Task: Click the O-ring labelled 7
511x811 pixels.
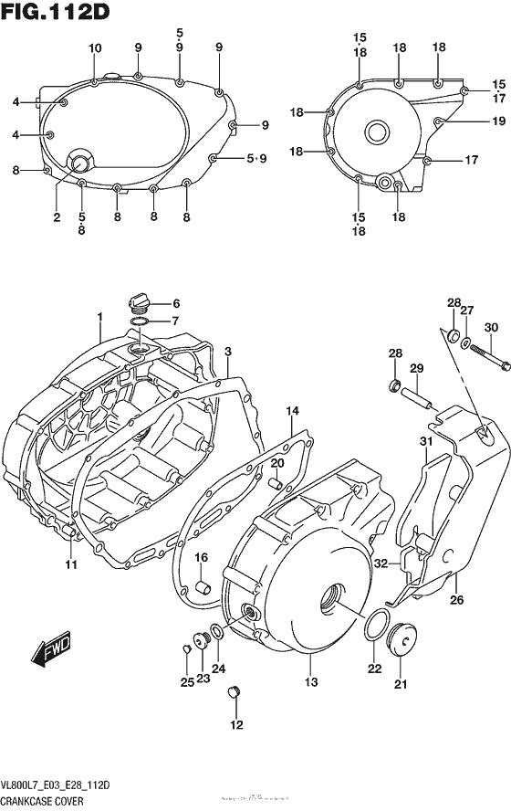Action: click(x=140, y=321)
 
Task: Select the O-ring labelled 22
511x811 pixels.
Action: click(x=374, y=627)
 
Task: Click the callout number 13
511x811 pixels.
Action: click(x=312, y=682)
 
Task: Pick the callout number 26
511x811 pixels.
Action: click(x=457, y=601)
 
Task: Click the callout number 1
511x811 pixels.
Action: click(x=99, y=316)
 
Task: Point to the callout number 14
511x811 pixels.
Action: click(x=291, y=411)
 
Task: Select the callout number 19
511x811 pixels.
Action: click(x=498, y=121)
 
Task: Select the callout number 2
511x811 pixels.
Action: click(x=57, y=217)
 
